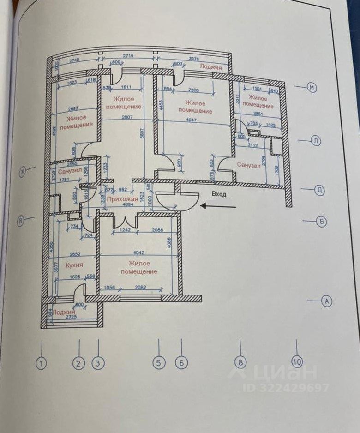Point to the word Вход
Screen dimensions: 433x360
219,194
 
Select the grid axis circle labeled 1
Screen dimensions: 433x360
42,363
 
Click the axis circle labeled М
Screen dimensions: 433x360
312,88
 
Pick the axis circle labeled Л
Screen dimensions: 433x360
316,142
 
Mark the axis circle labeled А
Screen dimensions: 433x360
326,301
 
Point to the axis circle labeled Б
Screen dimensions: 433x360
322,222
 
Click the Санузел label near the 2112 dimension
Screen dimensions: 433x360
249,165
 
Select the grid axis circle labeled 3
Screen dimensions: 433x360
96,363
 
